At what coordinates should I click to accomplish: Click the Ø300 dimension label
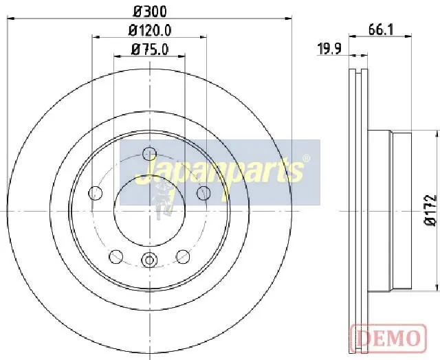point(150,11)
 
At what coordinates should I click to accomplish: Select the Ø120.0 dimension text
point(150,30)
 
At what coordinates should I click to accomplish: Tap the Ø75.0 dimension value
point(150,49)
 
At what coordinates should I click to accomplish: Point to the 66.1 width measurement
point(381,30)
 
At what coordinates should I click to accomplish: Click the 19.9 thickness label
point(329,49)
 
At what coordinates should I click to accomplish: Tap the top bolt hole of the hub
point(149,153)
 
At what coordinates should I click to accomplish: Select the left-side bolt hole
point(96,193)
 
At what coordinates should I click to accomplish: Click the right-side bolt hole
point(203,193)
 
